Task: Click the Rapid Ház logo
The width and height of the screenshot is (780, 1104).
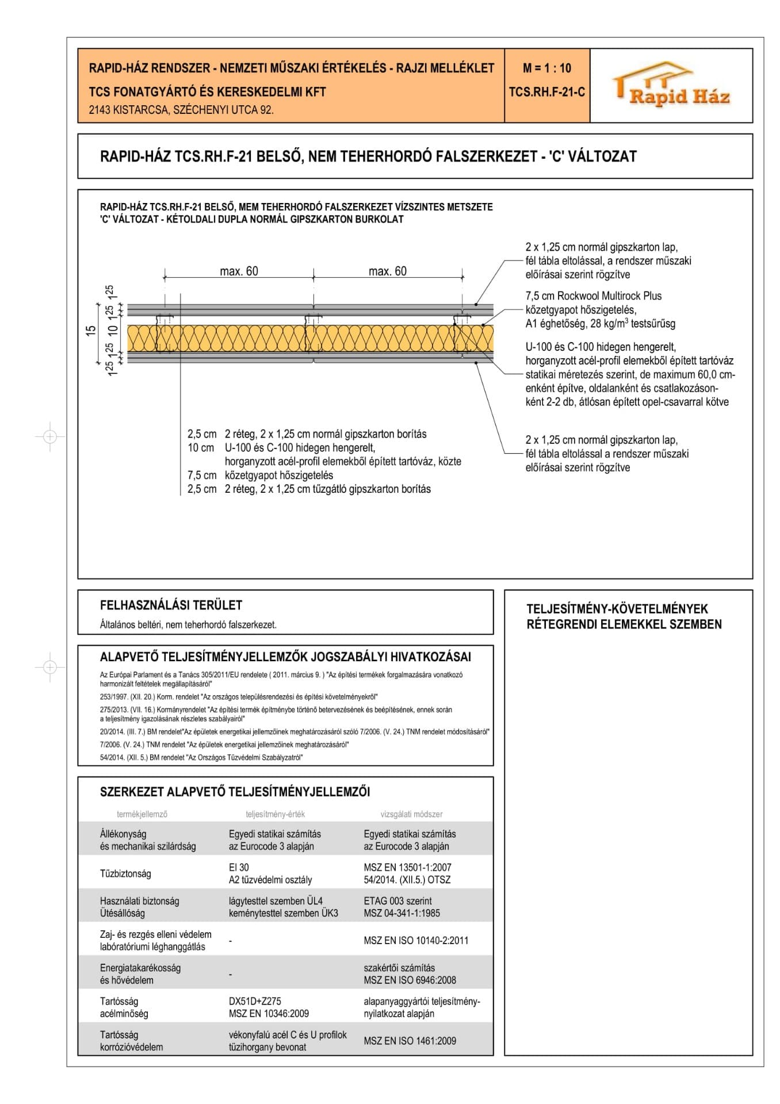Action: click(x=671, y=86)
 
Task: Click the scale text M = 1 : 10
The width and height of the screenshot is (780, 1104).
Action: click(x=546, y=68)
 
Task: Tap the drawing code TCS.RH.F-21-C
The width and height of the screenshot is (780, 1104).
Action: click(x=546, y=92)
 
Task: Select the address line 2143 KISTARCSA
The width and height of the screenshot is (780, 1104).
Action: click(x=181, y=110)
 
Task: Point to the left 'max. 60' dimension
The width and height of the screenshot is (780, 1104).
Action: click(x=239, y=271)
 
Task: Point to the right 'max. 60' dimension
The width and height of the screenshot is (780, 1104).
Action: click(x=387, y=271)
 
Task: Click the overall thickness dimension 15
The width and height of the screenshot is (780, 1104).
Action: click(x=91, y=331)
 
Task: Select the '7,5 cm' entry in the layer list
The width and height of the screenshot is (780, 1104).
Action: click(x=202, y=476)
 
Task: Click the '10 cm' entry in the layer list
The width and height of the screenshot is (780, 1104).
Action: click(x=201, y=448)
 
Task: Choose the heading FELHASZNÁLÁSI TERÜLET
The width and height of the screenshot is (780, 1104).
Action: click(x=171, y=605)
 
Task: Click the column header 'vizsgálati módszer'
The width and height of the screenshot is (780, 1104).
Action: click(x=411, y=814)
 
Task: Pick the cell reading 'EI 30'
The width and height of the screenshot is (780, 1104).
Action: click(x=239, y=868)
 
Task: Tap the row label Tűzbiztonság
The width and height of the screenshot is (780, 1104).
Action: click(x=125, y=874)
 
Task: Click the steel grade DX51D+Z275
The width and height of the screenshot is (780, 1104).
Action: click(x=255, y=1002)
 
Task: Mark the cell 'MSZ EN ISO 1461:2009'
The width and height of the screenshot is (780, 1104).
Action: click(x=410, y=1041)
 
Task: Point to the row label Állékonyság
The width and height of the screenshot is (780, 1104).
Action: click(x=123, y=834)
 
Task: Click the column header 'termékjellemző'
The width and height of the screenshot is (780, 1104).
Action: click(x=142, y=814)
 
